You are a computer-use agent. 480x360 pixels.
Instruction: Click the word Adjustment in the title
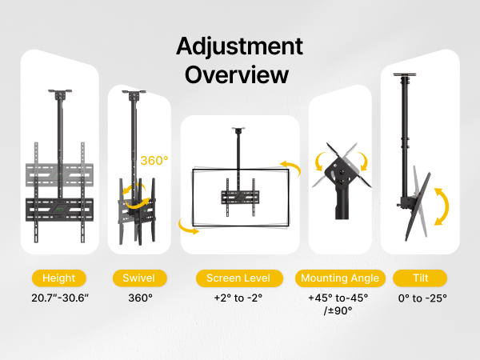pyautogui.click(x=239, y=46)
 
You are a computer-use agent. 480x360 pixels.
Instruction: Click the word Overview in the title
pyautogui.click(x=237, y=75)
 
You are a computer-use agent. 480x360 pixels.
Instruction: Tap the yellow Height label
pyautogui.click(x=58, y=278)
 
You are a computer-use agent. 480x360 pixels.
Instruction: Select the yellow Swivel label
pyautogui.click(x=139, y=278)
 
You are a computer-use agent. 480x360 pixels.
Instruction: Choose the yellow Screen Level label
pyautogui.click(x=239, y=278)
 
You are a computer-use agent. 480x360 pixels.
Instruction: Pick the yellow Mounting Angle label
pyautogui.click(x=340, y=278)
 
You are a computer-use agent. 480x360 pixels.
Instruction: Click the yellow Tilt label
pyautogui.click(x=420, y=278)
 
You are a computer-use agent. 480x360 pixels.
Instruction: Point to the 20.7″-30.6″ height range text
pyautogui.click(x=60, y=298)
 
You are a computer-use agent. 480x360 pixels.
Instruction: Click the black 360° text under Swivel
pyautogui.click(x=140, y=298)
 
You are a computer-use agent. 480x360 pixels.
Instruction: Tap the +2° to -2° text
pyautogui.click(x=238, y=298)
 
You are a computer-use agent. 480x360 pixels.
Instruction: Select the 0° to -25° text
pyautogui.click(x=422, y=298)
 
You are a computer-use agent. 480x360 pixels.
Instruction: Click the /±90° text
pyautogui.click(x=338, y=310)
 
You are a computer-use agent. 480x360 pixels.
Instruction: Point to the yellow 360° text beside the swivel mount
pyautogui.click(x=154, y=161)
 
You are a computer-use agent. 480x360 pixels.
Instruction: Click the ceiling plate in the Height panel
pyautogui.click(x=60, y=91)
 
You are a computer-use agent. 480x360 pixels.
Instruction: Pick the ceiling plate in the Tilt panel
pyautogui.click(x=404, y=74)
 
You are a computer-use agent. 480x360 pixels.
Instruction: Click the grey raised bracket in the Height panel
pyautogui.click(x=59, y=174)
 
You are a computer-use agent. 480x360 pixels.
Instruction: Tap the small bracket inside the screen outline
pyautogui.click(x=240, y=198)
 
